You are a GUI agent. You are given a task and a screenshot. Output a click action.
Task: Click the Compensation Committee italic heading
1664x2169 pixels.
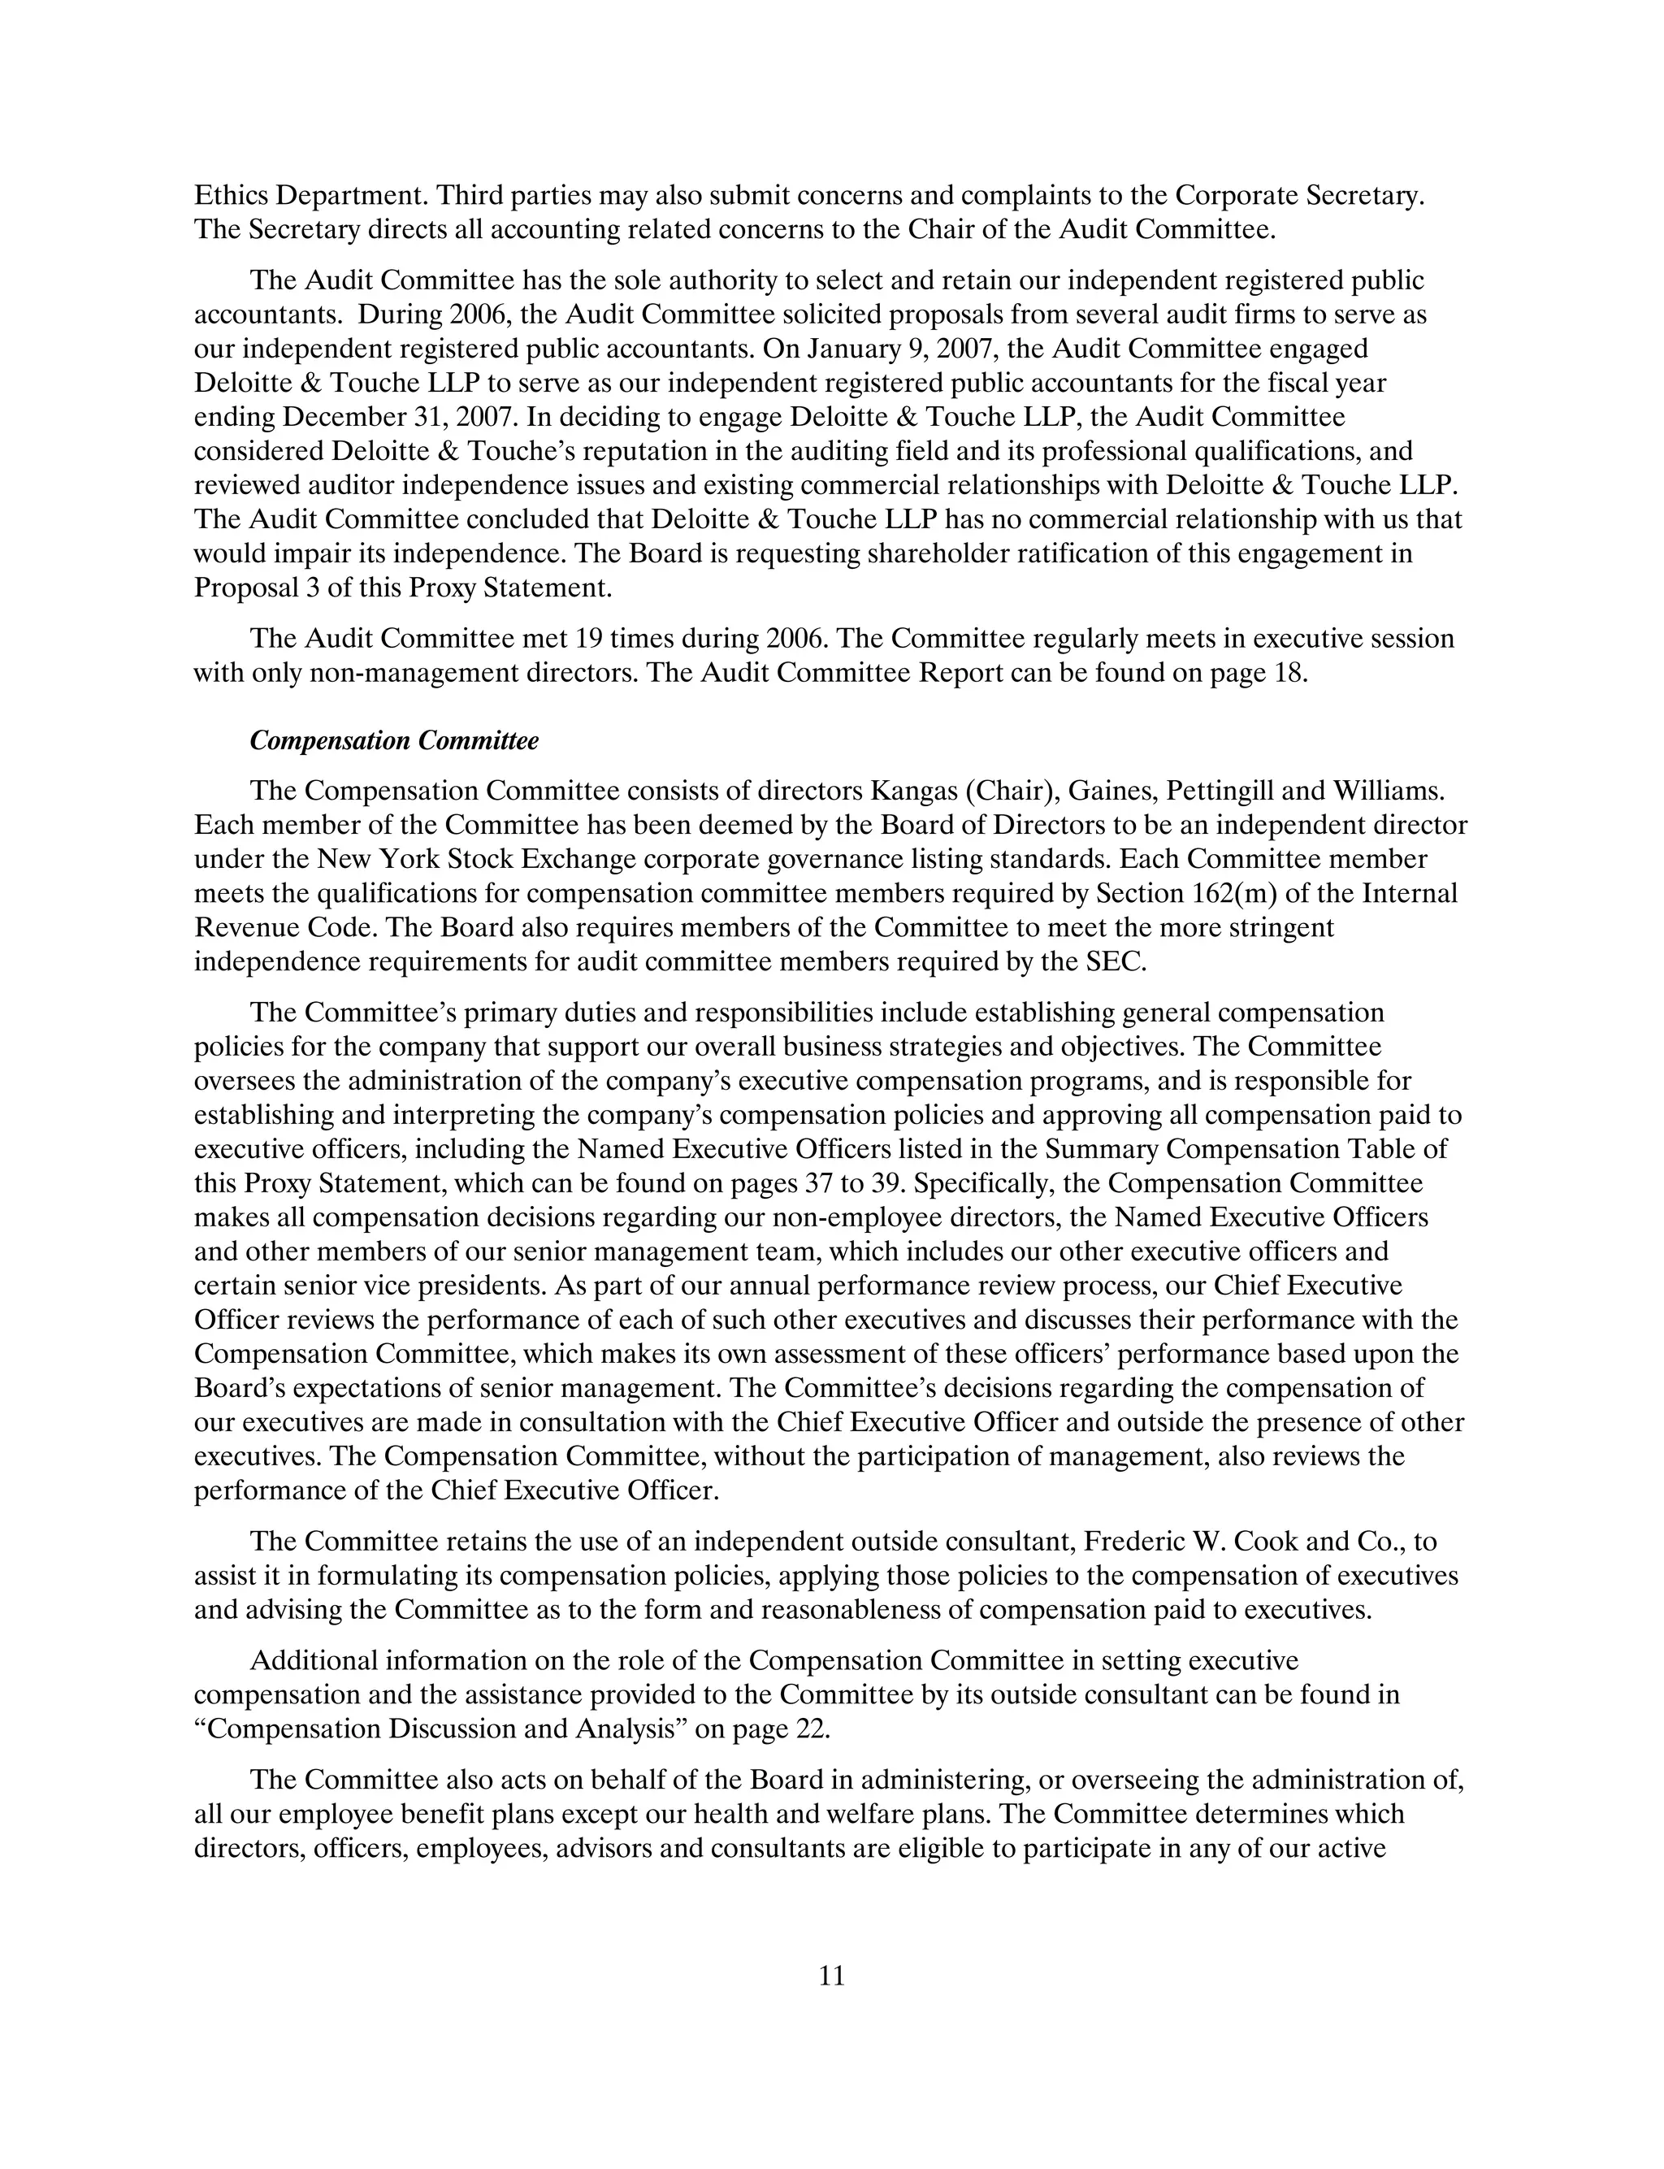point(394,741)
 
